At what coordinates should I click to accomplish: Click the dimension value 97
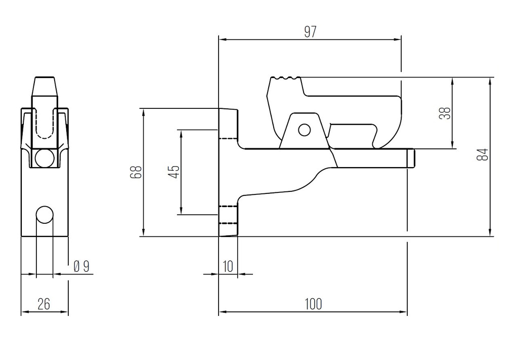coord(310,32)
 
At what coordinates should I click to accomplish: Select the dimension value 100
coord(313,304)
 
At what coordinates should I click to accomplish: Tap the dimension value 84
coord(484,154)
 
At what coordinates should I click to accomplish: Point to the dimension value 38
coord(445,113)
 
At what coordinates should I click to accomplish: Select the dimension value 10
coord(228,266)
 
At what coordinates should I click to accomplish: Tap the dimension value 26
coord(44,304)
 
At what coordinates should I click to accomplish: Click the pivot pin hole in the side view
coord(304,130)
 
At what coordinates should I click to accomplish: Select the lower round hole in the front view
coord(45,215)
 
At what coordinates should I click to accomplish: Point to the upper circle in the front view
coord(45,158)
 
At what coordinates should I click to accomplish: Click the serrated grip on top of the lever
coord(285,78)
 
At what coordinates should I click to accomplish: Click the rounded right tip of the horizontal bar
coord(412,158)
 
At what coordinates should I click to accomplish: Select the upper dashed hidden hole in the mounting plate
coord(228,135)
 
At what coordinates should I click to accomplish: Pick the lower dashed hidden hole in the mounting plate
coord(228,215)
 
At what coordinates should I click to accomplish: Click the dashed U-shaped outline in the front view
coord(45,124)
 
